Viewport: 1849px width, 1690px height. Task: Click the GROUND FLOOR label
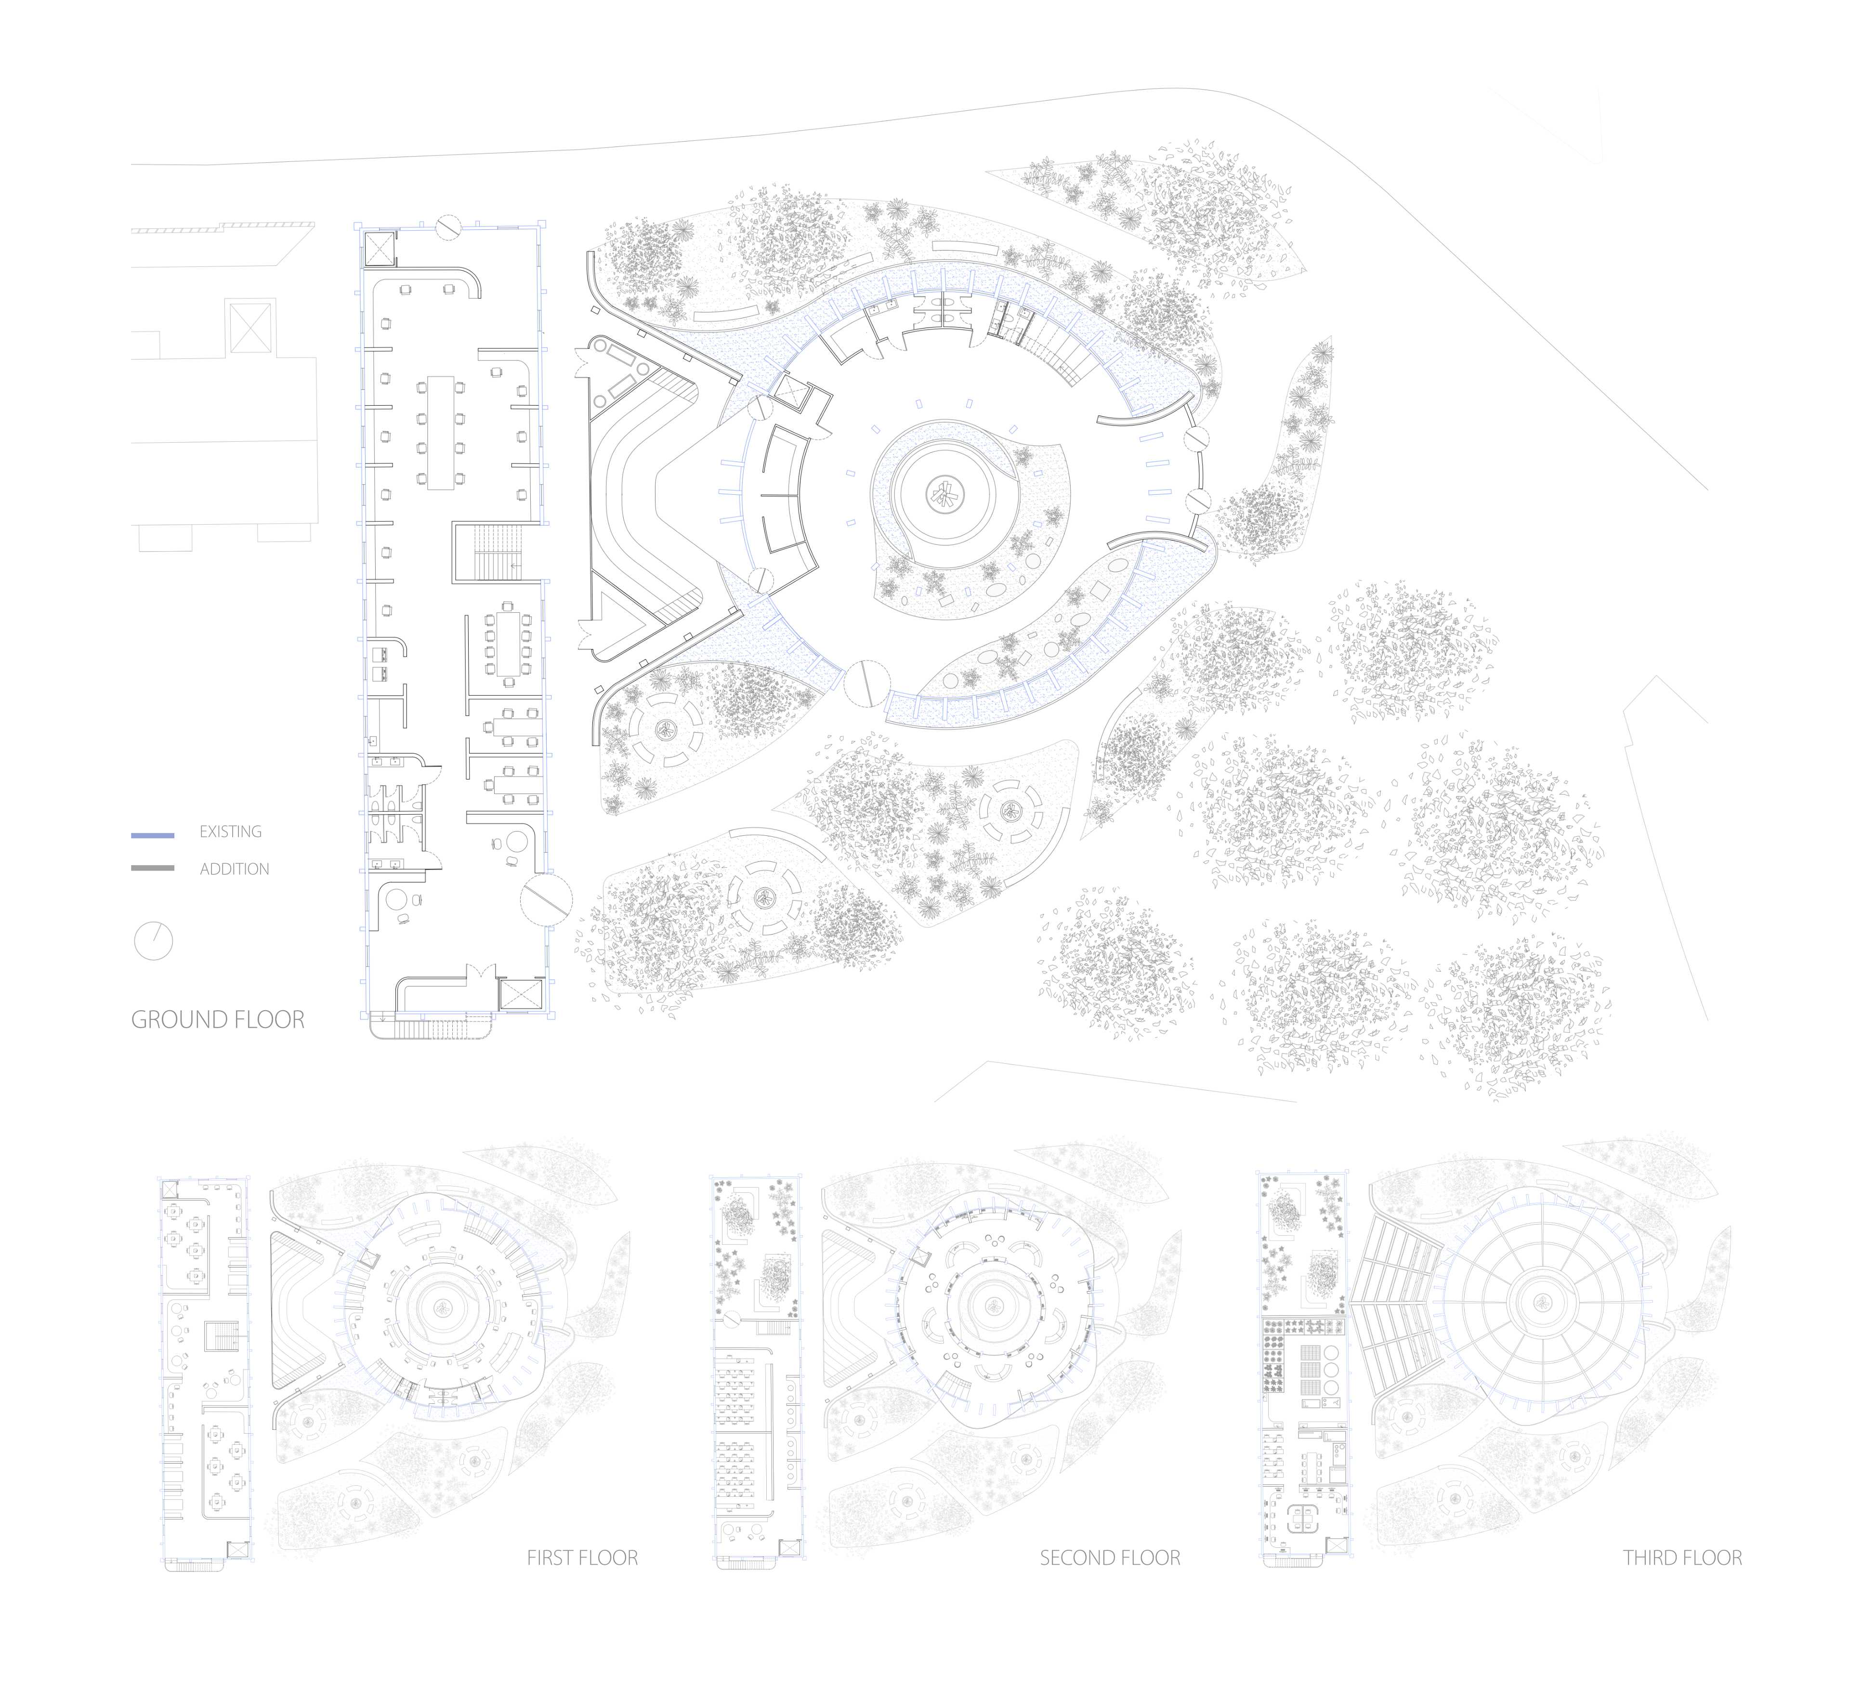click(x=218, y=1020)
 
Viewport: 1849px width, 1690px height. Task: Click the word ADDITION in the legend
click(x=235, y=869)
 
